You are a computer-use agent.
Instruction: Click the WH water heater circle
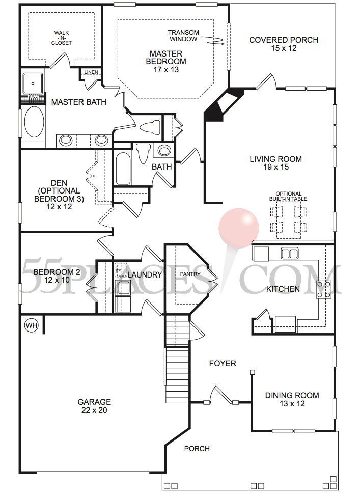pyautogui.click(x=31, y=325)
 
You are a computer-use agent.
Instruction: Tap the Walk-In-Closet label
pyautogui.click(x=62, y=38)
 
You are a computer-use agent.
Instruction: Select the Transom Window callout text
pyautogui.click(x=183, y=36)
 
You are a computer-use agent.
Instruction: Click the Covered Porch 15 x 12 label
pyautogui.click(x=284, y=44)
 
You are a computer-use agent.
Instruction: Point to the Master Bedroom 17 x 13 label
pyautogui.click(x=166, y=62)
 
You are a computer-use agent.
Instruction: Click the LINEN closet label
pyautogui.click(x=91, y=72)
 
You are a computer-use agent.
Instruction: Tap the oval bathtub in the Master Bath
pyautogui.click(x=34, y=122)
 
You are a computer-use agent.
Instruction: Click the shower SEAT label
pyautogui.click(x=34, y=96)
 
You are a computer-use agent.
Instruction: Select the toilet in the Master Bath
pyautogui.click(x=150, y=127)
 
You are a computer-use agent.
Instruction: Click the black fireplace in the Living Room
pyautogui.click(x=224, y=104)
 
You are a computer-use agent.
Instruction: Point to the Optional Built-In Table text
pyautogui.click(x=288, y=196)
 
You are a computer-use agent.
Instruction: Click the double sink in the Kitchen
pyautogui.click(x=289, y=254)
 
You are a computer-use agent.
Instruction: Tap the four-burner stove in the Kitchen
pyautogui.click(x=324, y=289)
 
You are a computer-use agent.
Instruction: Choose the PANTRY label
pyautogui.click(x=190, y=274)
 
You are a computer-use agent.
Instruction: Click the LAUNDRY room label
pyautogui.click(x=145, y=274)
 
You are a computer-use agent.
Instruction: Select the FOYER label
pyautogui.click(x=223, y=363)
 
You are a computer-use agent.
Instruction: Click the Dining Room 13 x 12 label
pyautogui.click(x=292, y=399)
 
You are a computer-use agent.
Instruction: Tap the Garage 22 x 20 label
pyautogui.click(x=94, y=406)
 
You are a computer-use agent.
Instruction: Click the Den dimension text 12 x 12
pyautogui.click(x=59, y=207)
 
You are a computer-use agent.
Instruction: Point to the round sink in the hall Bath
pyautogui.click(x=164, y=150)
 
